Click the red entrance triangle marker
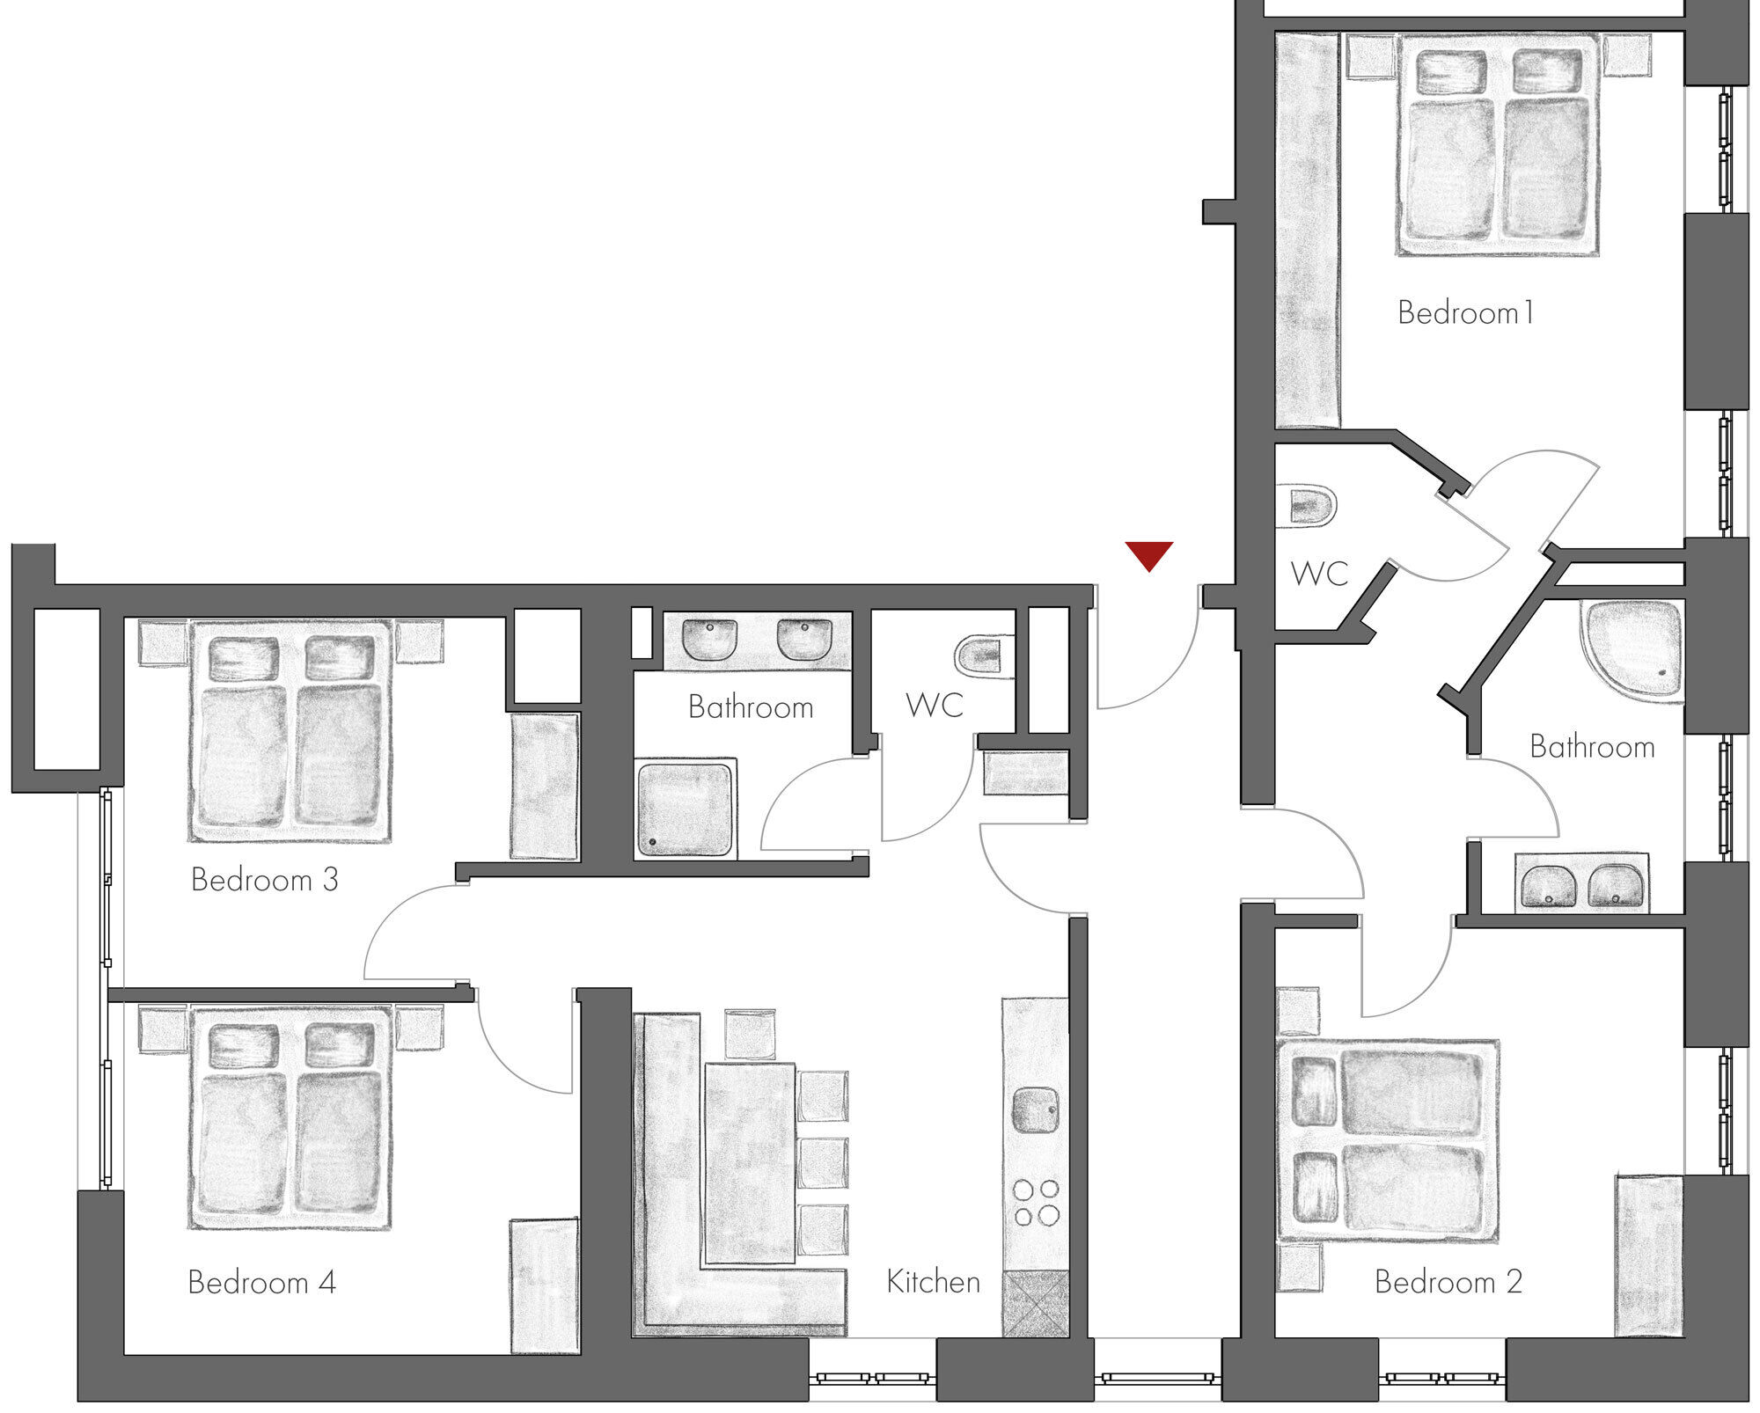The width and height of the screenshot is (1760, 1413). click(x=1148, y=555)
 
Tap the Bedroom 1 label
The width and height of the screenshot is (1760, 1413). click(x=1466, y=312)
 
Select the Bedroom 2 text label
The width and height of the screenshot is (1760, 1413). click(x=1448, y=1282)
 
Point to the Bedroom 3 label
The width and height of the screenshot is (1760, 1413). click(x=265, y=880)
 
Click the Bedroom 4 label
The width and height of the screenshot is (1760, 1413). click(x=262, y=1283)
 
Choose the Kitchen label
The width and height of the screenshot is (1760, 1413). click(x=934, y=1282)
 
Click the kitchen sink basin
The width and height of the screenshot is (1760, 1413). click(x=1036, y=1111)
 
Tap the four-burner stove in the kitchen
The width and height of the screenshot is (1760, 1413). click(x=1036, y=1203)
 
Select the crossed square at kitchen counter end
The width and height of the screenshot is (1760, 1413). click(x=1036, y=1304)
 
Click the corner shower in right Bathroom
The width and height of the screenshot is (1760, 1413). click(x=1632, y=649)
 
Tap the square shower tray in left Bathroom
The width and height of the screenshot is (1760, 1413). click(x=685, y=810)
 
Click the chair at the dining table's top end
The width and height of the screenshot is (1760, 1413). click(x=750, y=1035)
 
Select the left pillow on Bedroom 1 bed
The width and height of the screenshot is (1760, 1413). click(x=1452, y=72)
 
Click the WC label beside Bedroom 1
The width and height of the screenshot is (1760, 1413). click(x=1320, y=574)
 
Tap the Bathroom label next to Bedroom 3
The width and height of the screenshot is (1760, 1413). click(x=751, y=707)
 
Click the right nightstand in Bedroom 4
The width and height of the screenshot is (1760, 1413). click(x=419, y=1029)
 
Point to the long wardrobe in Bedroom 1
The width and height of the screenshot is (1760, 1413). click(x=1309, y=231)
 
